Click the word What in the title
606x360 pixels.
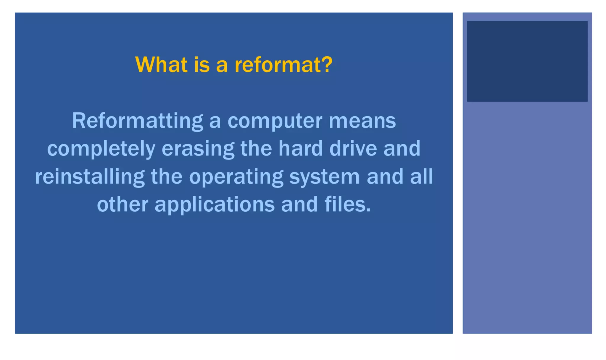pyautogui.click(x=162, y=65)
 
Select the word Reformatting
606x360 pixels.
pyautogui.click(x=138, y=121)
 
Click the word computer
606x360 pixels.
pyautogui.click(x=275, y=121)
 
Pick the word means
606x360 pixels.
pyautogui.click(x=362, y=121)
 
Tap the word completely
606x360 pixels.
pyautogui.click(x=101, y=149)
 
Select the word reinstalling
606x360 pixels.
pyautogui.click(x=90, y=177)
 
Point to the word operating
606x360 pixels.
pyautogui.click(x=236, y=177)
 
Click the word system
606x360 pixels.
pyautogui.click(x=324, y=177)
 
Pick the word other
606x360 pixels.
pyautogui.click(x=123, y=204)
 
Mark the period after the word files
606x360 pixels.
pyautogui.click(x=368, y=210)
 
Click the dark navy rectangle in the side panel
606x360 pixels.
pyautogui.click(x=527, y=61)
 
